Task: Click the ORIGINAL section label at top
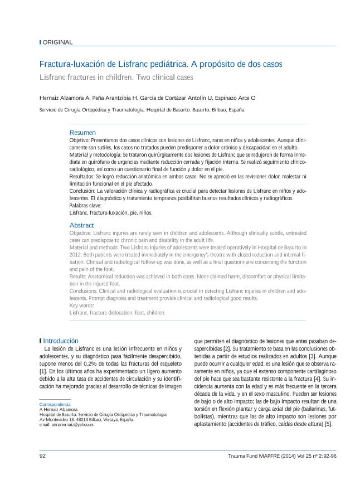click(x=57, y=42)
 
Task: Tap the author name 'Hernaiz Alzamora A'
click(x=64, y=98)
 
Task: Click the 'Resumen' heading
click(x=82, y=133)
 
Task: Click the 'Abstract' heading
click(x=81, y=225)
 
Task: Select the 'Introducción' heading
click(x=60, y=341)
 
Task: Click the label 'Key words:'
click(x=82, y=305)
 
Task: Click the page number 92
click(x=42, y=455)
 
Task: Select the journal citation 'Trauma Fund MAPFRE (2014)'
click(x=263, y=455)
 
